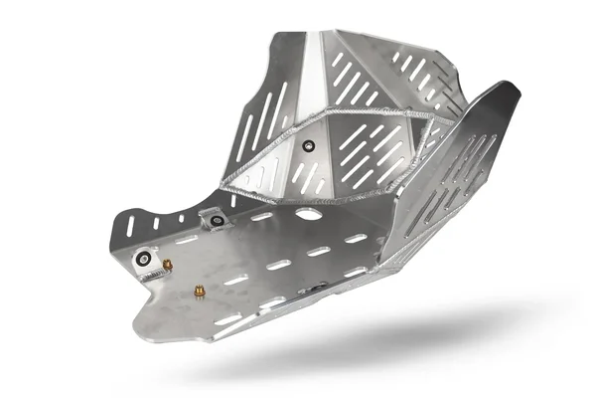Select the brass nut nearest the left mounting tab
(x=168, y=265)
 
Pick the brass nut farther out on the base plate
(x=200, y=292)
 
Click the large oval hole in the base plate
(x=309, y=214)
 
